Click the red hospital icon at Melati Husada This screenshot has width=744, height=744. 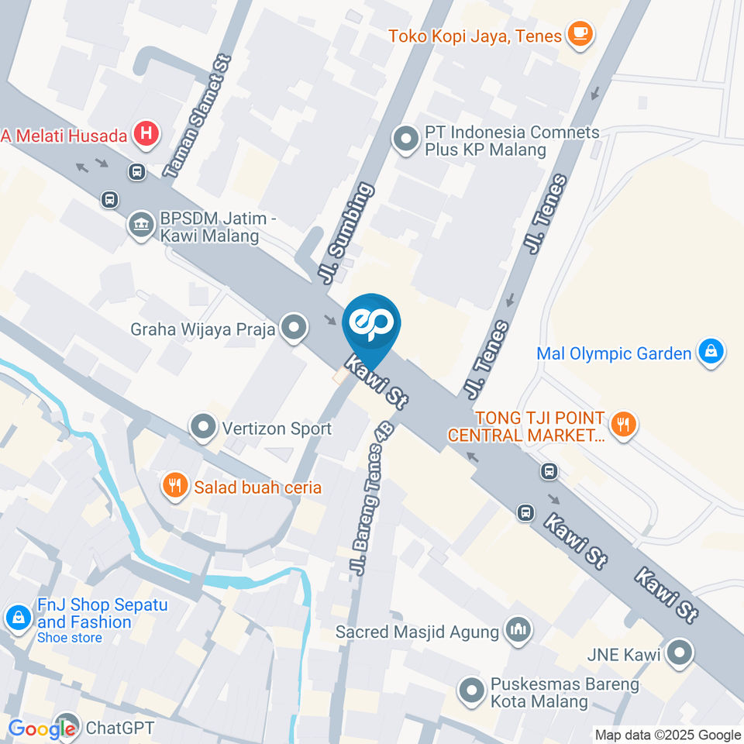[x=145, y=135]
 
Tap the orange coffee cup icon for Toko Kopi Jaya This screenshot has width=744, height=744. [x=580, y=33]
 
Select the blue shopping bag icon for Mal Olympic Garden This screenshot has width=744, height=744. [x=710, y=353]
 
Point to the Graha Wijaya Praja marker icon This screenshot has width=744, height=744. [x=294, y=329]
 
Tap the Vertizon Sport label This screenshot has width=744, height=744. [x=277, y=429]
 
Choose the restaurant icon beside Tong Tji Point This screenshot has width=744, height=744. [x=622, y=424]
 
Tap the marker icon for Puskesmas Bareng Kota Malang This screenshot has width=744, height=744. [x=470, y=692]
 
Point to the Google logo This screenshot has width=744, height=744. [x=42, y=728]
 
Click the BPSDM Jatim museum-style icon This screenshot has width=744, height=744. [x=140, y=226]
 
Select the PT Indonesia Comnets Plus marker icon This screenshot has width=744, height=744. [x=404, y=140]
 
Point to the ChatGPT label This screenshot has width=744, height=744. [x=120, y=728]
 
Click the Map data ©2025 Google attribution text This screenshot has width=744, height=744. [x=668, y=735]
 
